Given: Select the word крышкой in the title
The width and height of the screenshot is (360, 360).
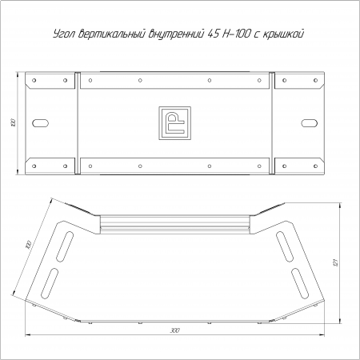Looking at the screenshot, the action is tap(283, 34).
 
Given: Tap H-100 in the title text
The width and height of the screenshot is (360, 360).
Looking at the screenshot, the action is tap(236, 34).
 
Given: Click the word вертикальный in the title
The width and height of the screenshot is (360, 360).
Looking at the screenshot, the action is tap(112, 34).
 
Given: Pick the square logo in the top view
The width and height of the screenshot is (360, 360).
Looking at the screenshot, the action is tap(175, 123).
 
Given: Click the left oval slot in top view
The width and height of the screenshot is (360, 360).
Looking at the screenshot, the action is tap(40, 123).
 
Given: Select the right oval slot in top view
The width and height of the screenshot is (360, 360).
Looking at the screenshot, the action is tap(310, 123).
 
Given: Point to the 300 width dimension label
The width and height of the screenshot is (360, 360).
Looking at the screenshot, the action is tap(174, 330).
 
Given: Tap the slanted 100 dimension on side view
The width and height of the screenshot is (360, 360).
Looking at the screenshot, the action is tap(28, 245).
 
